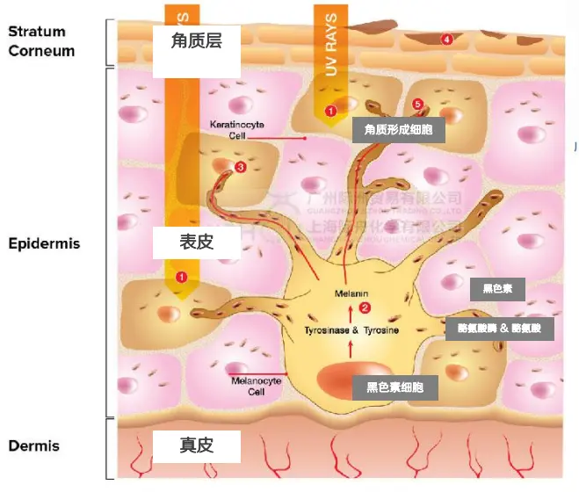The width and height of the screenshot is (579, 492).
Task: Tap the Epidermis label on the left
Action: pyautogui.click(x=44, y=242)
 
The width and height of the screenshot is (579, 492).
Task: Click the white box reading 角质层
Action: pyautogui.click(x=196, y=41)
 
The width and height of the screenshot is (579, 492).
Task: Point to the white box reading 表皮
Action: pyautogui.click(x=196, y=242)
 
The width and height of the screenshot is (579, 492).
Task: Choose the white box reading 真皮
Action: pyautogui.click(x=196, y=445)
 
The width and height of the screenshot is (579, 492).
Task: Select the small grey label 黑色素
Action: pyautogui.click(x=497, y=288)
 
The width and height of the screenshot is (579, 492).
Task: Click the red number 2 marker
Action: pyautogui.click(x=365, y=307)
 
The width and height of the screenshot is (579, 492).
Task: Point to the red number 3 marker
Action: pyautogui.click(x=241, y=167)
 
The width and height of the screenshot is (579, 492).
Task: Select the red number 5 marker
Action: pyautogui.click(x=417, y=105)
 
